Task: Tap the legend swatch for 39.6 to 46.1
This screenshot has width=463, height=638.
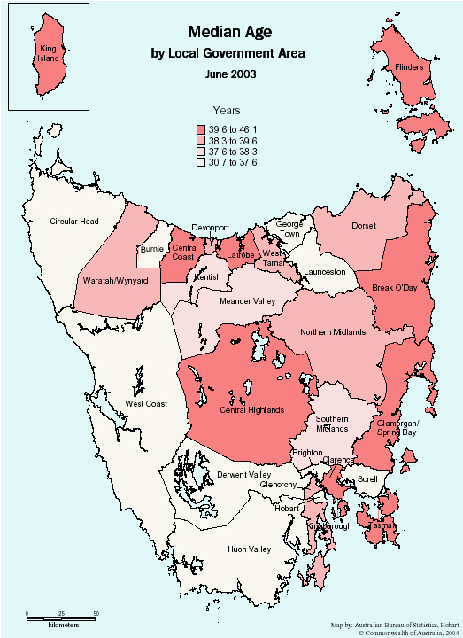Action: click(200, 128)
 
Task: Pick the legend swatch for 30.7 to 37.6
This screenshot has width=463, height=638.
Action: click(200, 162)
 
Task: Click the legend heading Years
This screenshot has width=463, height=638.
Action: click(227, 111)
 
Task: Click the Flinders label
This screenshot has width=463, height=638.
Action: click(408, 67)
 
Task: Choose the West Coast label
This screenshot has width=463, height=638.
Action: click(146, 404)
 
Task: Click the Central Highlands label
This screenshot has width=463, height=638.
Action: click(252, 410)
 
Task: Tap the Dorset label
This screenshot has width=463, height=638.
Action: click(364, 226)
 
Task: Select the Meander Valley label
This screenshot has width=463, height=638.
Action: click(234, 300)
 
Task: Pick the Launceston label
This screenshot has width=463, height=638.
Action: click(324, 272)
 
